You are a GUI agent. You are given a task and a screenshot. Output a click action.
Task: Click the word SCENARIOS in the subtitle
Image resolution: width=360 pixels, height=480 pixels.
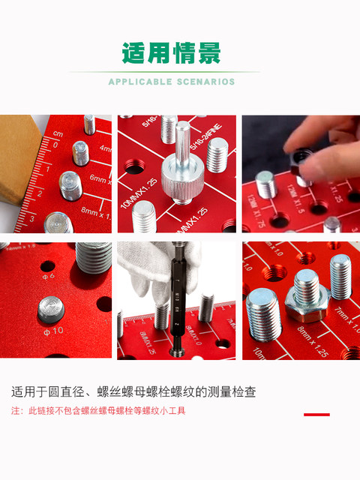(204, 82)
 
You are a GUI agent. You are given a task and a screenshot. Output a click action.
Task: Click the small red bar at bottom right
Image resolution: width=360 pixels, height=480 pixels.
(316, 414)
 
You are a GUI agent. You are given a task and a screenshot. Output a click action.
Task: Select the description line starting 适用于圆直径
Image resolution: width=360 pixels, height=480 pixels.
(133, 391)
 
